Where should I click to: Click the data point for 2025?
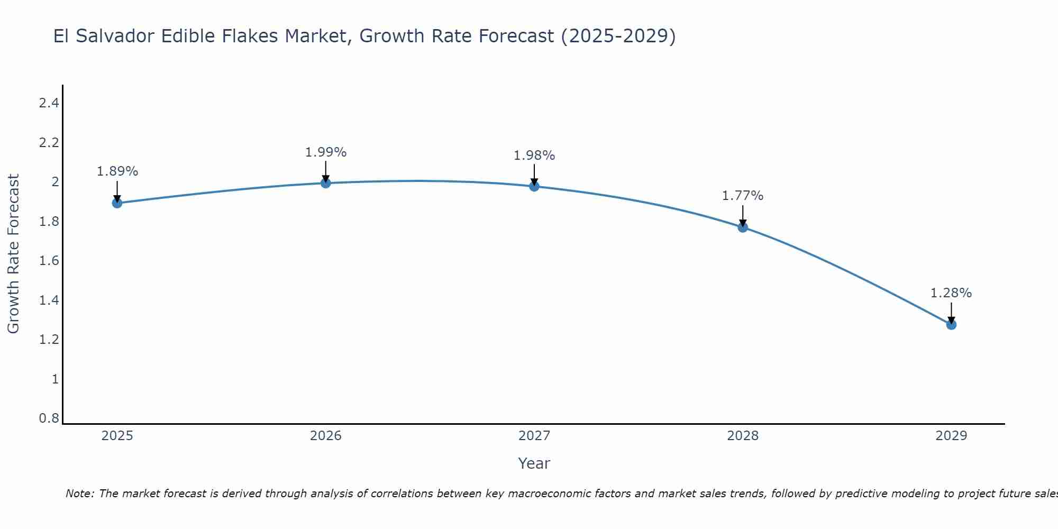(x=117, y=203)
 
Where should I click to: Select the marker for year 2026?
(x=326, y=183)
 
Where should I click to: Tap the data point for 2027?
(x=534, y=186)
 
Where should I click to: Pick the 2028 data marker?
(x=743, y=227)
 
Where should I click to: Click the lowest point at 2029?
(x=951, y=325)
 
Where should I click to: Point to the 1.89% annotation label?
(x=117, y=171)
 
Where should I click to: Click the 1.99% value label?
(x=326, y=152)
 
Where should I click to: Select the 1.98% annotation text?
(x=534, y=156)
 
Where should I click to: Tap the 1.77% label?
(x=743, y=196)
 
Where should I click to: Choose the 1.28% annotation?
(x=951, y=293)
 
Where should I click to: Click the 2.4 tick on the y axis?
(x=49, y=103)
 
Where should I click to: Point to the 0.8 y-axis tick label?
(x=49, y=418)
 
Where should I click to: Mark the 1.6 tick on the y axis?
(x=49, y=261)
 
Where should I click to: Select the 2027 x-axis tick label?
(x=534, y=436)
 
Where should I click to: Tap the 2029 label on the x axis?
(x=951, y=436)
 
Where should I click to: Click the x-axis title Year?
(x=534, y=463)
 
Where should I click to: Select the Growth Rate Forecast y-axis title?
(x=14, y=253)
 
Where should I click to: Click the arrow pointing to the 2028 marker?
(x=743, y=215)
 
